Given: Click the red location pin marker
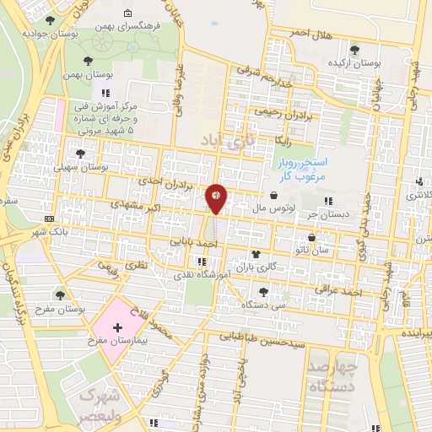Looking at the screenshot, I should click(x=217, y=197).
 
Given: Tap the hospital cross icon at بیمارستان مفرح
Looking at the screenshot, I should click(x=116, y=326).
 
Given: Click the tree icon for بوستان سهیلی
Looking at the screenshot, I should click(x=80, y=154).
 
